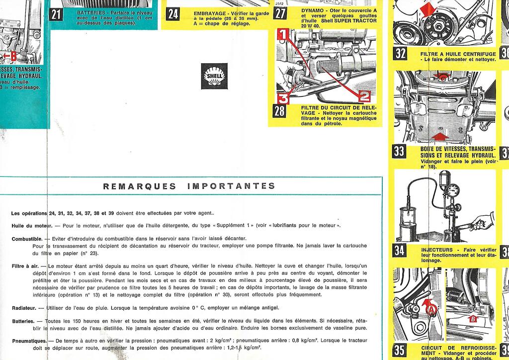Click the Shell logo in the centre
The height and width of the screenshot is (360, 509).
(x=214, y=76)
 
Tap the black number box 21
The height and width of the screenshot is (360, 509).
(x=56, y=13)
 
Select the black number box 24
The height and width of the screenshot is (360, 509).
(x=172, y=13)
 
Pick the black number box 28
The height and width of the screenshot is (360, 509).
(x=280, y=110)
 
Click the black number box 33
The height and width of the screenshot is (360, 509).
(x=399, y=151)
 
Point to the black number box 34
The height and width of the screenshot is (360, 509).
(x=399, y=250)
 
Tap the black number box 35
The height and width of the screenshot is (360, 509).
(x=399, y=350)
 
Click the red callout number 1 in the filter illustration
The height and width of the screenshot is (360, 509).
(x=282, y=34)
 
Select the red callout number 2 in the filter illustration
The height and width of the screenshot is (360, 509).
(x=364, y=95)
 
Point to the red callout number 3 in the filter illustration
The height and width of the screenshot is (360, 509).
(x=282, y=97)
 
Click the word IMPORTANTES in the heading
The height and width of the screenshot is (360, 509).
(x=231, y=186)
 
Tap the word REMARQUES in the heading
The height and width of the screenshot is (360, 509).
(x=139, y=186)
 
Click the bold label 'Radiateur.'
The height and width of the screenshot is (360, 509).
(x=24, y=308)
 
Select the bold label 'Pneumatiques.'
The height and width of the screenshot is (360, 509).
(x=29, y=341)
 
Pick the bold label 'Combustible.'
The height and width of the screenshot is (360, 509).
(x=27, y=239)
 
